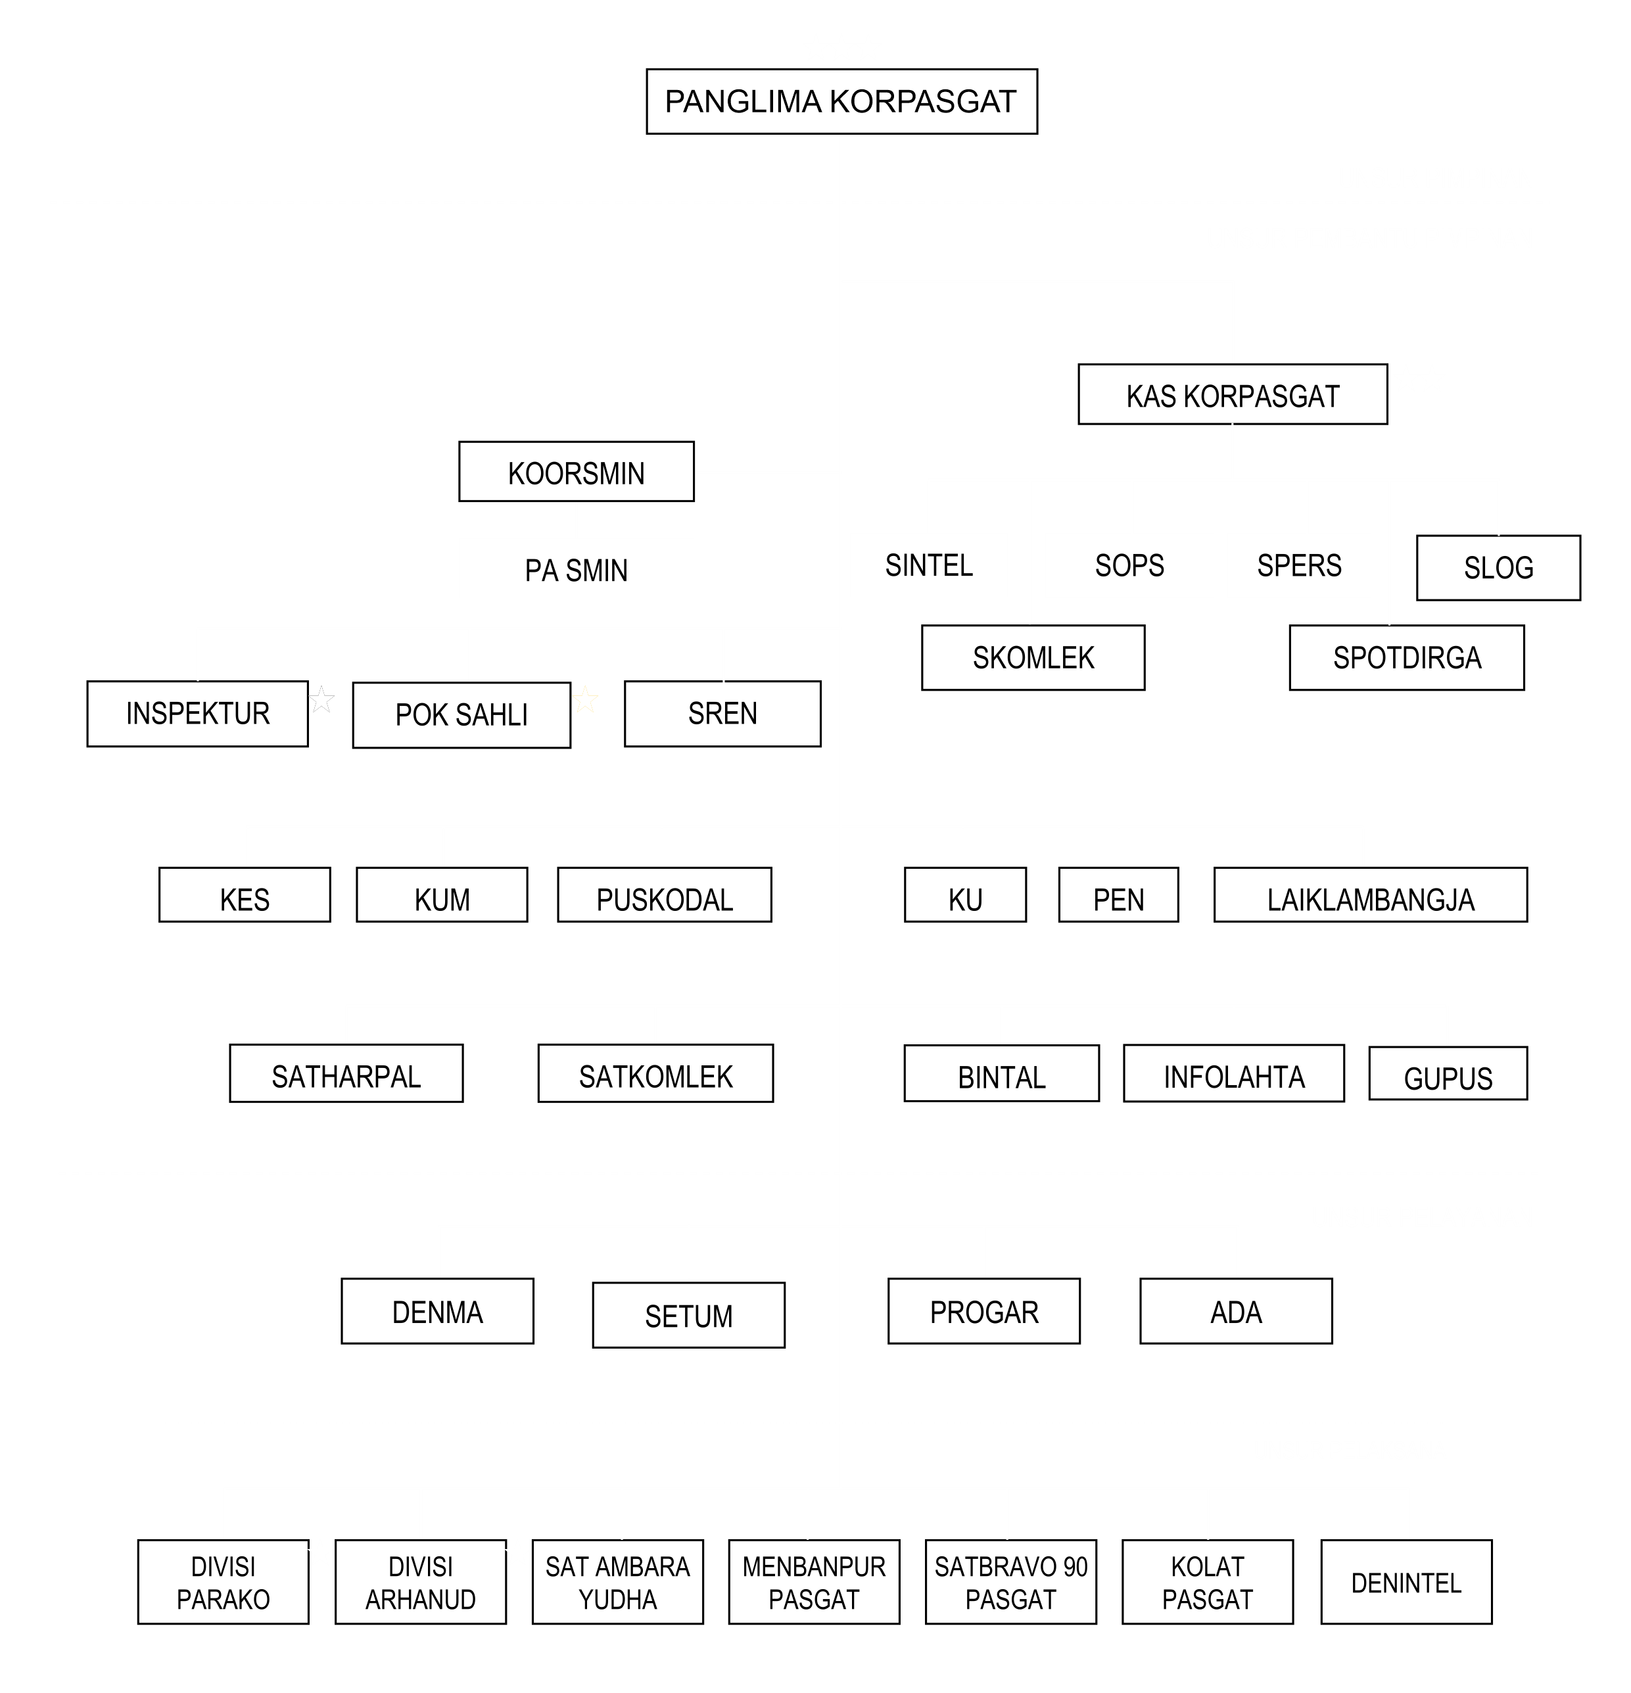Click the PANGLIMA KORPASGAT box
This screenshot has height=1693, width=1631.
[841, 101]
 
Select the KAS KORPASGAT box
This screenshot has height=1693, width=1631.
[1233, 394]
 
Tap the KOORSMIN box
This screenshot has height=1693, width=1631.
[576, 472]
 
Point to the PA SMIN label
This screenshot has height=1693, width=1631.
[576, 570]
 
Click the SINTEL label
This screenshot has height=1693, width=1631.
[929, 565]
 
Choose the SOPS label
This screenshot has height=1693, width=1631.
[1129, 565]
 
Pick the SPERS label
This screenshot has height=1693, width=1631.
[1299, 565]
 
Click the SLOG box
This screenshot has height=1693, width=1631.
[1498, 567]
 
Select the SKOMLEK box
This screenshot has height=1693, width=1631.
[1033, 657]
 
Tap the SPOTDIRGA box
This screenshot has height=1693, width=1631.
[1406, 657]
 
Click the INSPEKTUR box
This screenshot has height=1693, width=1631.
[198, 714]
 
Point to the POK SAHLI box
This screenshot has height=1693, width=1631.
[461, 715]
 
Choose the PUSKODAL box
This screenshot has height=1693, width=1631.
[665, 895]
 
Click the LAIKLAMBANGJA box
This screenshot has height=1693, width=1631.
[1370, 895]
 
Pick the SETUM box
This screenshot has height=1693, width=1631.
[688, 1314]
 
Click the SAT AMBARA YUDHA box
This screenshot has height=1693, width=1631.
[618, 1581]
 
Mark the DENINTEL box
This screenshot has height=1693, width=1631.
[1406, 1581]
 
